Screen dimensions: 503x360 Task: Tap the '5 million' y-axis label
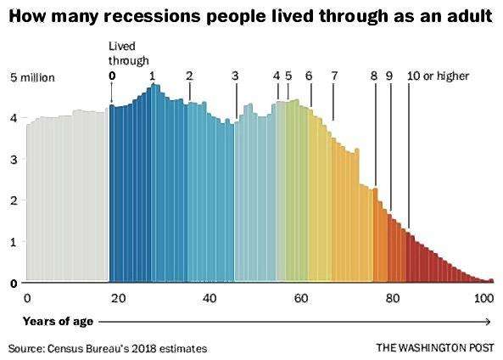click(x=32, y=78)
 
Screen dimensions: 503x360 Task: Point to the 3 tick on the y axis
click(x=14, y=160)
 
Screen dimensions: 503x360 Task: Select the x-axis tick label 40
click(x=210, y=299)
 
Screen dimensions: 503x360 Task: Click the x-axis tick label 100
click(x=483, y=299)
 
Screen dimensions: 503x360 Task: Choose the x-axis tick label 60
click(x=301, y=299)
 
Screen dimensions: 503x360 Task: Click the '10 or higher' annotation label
click(x=439, y=76)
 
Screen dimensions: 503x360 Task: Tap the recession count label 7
click(x=334, y=76)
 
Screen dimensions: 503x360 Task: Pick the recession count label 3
click(x=236, y=76)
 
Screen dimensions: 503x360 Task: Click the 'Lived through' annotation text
click(x=128, y=53)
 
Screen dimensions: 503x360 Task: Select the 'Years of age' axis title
click(x=58, y=322)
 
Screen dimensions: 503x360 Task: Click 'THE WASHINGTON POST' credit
click(x=435, y=348)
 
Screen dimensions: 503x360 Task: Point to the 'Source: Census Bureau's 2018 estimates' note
click(x=108, y=348)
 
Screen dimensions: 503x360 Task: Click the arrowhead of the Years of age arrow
click(x=489, y=322)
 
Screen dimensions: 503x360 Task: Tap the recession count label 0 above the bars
click(x=112, y=76)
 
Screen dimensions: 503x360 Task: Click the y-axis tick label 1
click(x=14, y=242)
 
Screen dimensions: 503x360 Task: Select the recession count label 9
click(x=389, y=76)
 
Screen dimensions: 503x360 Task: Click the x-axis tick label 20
click(x=119, y=299)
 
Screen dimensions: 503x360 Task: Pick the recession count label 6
click(x=309, y=76)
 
